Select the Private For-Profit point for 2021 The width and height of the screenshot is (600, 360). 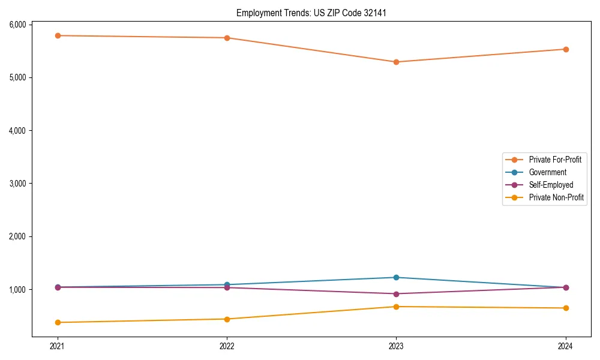click(58, 35)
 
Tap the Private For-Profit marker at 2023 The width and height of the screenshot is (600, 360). click(396, 62)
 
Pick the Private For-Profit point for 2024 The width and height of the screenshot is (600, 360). click(566, 49)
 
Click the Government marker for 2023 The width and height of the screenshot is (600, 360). click(396, 277)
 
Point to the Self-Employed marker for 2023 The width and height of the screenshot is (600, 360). click(396, 294)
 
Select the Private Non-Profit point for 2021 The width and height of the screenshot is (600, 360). click(58, 322)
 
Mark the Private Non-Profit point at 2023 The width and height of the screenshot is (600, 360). click(396, 307)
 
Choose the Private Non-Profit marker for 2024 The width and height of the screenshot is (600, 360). click(566, 308)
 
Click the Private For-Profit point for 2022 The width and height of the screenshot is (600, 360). click(227, 38)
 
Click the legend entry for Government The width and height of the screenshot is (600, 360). click(547, 172)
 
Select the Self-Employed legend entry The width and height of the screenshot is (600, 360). click(551, 185)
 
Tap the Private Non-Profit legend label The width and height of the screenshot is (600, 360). click(556, 197)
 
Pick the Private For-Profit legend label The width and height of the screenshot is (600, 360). click(554, 160)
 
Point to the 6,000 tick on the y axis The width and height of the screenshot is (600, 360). click(17, 25)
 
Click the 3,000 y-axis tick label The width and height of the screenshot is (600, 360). click(17, 183)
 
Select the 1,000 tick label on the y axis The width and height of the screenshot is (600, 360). click(17, 289)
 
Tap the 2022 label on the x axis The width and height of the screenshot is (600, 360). click(227, 346)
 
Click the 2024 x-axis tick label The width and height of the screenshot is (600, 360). click(566, 346)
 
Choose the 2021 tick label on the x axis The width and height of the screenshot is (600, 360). click(58, 346)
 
